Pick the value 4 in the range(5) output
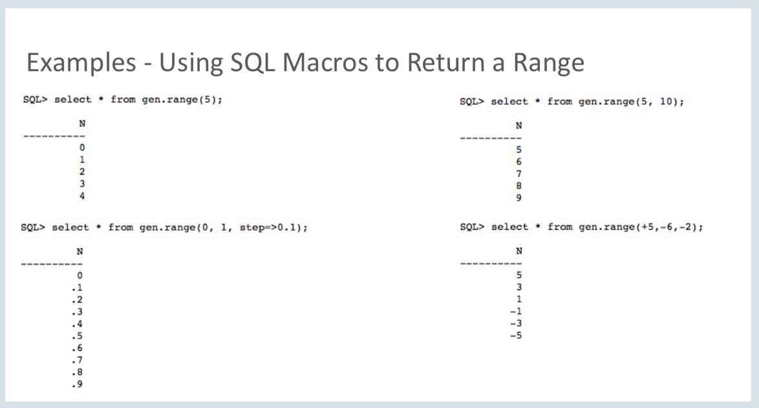(x=81, y=196)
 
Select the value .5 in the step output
(x=79, y=336)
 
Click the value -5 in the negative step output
(x=516, y=335)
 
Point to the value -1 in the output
(x=516, y=312)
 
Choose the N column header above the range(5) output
(x=81, y=124)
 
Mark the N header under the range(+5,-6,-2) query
(x=518, y=251)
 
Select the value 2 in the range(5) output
(x=81, y=172)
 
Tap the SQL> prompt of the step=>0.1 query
(x=33, y=227)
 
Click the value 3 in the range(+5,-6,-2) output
(x=518, y=287)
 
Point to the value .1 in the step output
(x=79, y=288)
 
